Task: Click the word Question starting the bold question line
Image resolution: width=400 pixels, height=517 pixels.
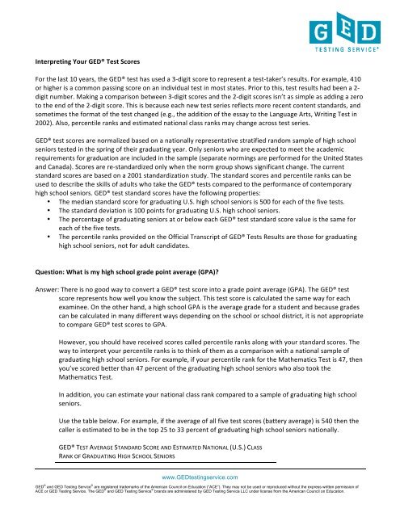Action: [41, 343]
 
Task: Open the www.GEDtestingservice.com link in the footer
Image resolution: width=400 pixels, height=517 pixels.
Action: [199, 501]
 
